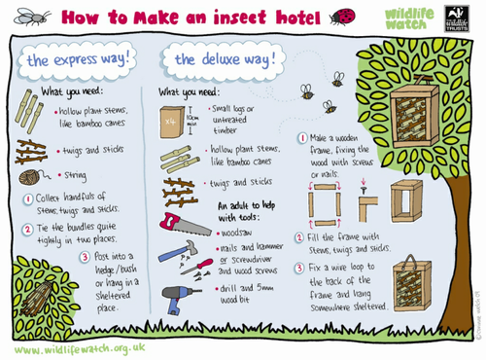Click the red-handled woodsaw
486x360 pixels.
pyautogui.click(x=181, y=223)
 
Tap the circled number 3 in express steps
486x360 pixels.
pyautogui.click(x=86, y=257)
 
